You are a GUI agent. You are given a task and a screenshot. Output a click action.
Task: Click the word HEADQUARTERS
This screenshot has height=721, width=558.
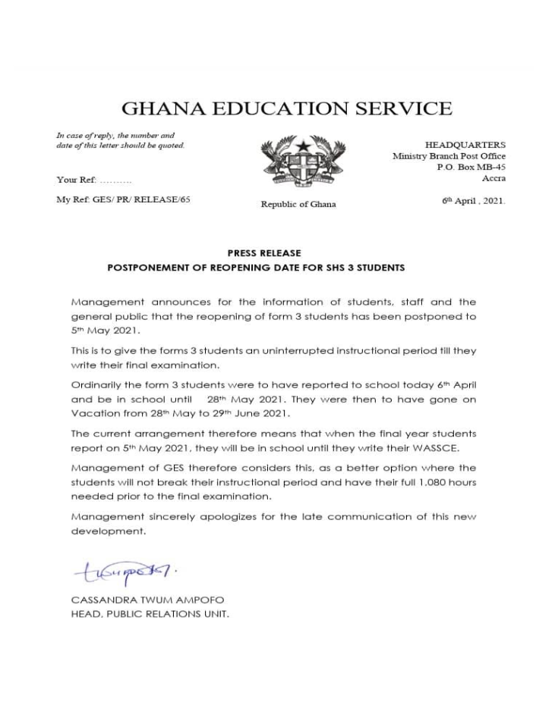pos(465,145)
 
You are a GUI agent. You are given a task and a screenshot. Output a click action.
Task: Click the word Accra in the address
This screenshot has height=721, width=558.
pos(493,178)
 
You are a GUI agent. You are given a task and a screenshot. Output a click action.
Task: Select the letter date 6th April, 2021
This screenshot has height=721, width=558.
pos(473,201)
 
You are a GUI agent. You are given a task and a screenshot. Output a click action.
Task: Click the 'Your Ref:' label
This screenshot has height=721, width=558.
pos(77,180)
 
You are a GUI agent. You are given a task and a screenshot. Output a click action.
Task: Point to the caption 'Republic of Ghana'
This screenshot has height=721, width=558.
pos(298,204)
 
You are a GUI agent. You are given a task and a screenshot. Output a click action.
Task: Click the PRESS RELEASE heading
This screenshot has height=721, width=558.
pos(264,253)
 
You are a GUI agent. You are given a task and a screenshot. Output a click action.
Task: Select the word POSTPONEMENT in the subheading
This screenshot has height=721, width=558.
pos(146,268)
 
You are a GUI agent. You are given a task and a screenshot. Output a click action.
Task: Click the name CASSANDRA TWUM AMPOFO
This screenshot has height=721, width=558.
pos(147,600)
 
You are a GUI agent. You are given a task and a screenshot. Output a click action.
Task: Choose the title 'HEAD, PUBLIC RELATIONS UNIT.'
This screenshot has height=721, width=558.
pos(150,614)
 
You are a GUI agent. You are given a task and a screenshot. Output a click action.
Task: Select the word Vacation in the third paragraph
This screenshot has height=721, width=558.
pos(96,414)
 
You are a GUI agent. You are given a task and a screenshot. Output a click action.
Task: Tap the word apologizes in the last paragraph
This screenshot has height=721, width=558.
pos(232,517)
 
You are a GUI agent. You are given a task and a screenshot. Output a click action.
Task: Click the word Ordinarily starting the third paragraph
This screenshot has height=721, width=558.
pos(100,385)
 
